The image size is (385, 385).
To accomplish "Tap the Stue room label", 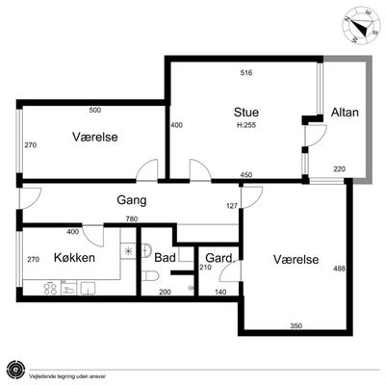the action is pos(246,113).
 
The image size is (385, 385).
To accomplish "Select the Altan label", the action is pos(345,113).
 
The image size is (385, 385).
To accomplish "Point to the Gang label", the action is pos(132,200).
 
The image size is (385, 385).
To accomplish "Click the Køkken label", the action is pos(74,258).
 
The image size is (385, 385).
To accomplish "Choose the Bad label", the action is pos(165,258).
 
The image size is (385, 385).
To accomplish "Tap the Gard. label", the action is pos(220,258).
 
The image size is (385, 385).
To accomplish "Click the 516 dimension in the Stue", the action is pos(246,73).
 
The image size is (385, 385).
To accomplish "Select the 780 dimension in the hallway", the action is pos(132,219).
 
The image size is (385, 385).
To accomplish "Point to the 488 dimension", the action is pos(340,269).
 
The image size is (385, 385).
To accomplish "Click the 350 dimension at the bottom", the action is pos(295,326).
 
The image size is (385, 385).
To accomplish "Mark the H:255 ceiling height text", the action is pos(246,125).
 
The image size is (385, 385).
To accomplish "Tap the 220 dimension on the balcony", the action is pos(340,168).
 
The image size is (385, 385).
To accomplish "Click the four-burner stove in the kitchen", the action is pos(50,288).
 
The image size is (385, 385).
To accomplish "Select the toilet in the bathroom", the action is pos(150,276).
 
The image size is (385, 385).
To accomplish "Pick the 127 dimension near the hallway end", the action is pos(232,206).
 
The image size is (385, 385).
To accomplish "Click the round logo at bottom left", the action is pos(16,370).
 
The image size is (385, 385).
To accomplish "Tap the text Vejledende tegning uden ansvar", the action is pos(67,376).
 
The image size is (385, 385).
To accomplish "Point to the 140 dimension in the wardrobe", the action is pos(220,292).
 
